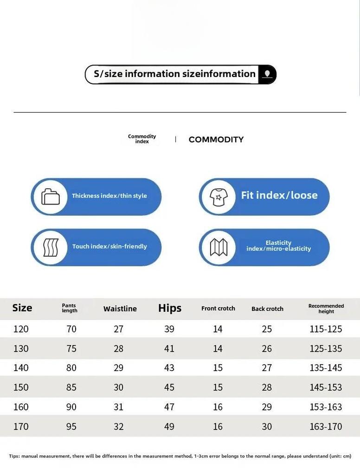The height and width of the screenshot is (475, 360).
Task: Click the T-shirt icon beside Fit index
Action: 219,197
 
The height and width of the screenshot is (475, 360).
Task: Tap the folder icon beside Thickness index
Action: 51,197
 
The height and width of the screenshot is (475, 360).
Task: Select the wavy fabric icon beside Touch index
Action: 51,247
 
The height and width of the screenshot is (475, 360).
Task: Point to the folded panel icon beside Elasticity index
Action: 219,247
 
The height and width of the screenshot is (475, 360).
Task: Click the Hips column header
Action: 170,308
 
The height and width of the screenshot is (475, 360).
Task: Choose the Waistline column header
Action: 120,309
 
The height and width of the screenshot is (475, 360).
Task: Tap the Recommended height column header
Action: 326,308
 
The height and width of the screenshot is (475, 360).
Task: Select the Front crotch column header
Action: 218,308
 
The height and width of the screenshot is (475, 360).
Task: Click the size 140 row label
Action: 21,368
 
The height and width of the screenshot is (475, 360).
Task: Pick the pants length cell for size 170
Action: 71,427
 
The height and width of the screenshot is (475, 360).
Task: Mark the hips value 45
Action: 169,387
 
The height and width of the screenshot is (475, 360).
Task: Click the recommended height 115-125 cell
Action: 326,329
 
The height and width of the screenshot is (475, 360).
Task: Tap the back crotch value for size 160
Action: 267,407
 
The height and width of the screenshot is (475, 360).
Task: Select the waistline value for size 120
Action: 119,329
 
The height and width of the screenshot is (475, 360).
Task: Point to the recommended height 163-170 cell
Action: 326,427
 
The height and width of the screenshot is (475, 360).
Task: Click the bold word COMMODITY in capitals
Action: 216,140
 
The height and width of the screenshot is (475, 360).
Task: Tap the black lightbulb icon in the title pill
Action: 267,74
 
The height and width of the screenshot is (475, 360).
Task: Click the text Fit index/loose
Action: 279,195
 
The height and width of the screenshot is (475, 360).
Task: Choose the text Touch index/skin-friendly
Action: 109,246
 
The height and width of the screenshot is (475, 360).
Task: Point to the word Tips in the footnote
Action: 14,456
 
